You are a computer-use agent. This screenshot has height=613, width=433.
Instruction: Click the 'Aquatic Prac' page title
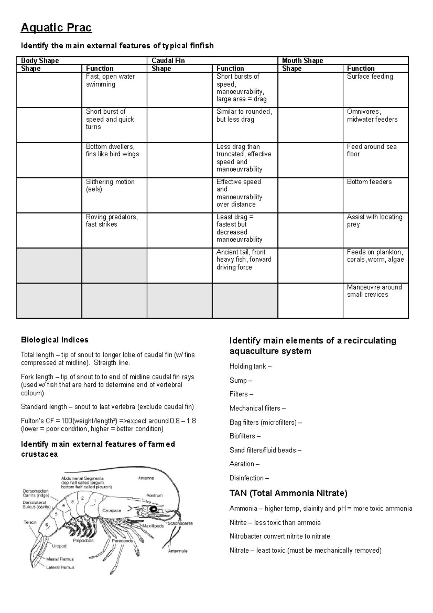56,27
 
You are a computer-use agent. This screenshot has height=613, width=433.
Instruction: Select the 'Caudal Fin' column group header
168,61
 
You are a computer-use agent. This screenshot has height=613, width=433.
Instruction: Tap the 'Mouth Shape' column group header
302,61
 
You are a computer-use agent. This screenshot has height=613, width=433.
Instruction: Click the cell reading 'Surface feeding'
370,77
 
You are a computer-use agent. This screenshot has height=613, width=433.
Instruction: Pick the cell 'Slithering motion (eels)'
110,186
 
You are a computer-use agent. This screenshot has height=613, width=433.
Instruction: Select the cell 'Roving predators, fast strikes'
111,221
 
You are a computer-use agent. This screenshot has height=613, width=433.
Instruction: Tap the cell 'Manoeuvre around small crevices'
374,291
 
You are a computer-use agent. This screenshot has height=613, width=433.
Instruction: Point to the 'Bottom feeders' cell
369,182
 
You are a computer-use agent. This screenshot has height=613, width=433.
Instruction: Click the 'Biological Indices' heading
54,340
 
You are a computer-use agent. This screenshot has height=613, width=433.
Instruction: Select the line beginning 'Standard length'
107,407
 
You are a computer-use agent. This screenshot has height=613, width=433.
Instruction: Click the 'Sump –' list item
241,381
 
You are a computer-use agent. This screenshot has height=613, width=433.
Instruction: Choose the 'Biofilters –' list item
245,436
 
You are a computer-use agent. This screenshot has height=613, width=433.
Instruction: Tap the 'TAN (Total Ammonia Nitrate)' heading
288,493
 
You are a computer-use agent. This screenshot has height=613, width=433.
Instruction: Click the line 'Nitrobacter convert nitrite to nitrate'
280,536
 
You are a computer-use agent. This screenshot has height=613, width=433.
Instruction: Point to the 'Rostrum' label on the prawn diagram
154,496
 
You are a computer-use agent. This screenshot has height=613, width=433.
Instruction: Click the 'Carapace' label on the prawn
112,510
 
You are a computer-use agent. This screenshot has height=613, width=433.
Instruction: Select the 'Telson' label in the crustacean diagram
30,522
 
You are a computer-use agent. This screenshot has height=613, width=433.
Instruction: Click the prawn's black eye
154,509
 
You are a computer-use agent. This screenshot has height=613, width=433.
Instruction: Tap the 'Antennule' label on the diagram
178,551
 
